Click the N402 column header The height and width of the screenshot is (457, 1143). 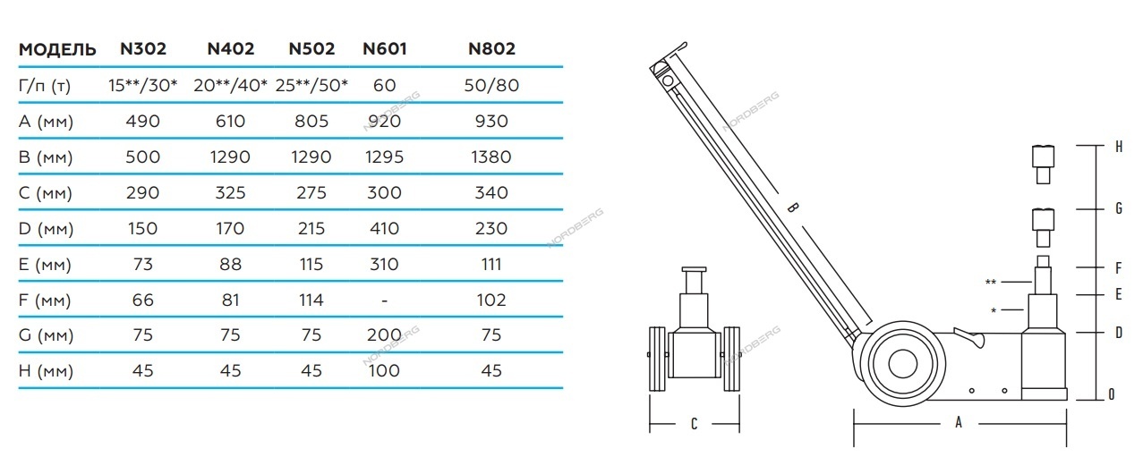click(231, 49)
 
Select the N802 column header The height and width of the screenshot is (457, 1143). click(492, 49)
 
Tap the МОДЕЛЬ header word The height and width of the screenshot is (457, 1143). click(57, 49)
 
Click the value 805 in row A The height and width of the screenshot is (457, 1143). click(311, 122)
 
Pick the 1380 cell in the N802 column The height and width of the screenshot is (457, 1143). click(490, 157)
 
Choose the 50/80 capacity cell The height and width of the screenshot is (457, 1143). click(491, 85)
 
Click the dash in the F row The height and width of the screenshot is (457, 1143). click(384, 300)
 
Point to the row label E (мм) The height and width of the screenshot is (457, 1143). click(45, 265)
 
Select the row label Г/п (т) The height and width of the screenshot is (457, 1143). click(45, 86)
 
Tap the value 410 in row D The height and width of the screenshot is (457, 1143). click(384, 229)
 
